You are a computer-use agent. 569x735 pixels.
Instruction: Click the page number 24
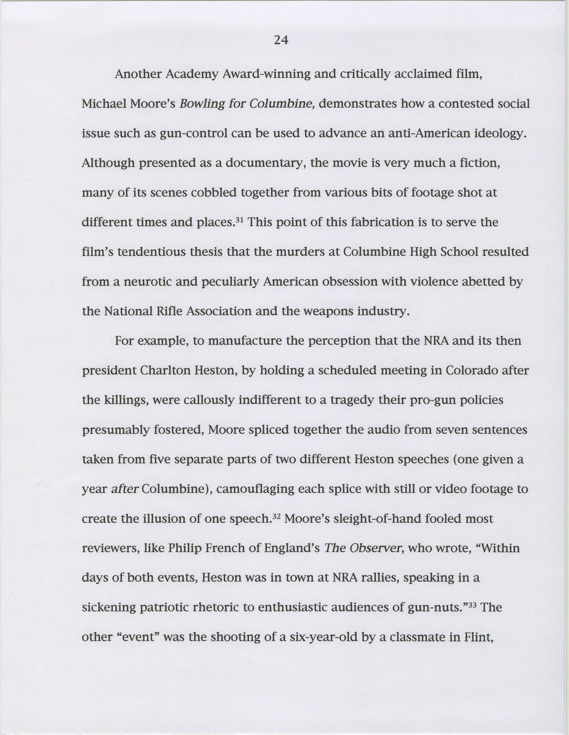click(281, 40)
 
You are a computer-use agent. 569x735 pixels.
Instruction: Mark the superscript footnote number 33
click(473, 605)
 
